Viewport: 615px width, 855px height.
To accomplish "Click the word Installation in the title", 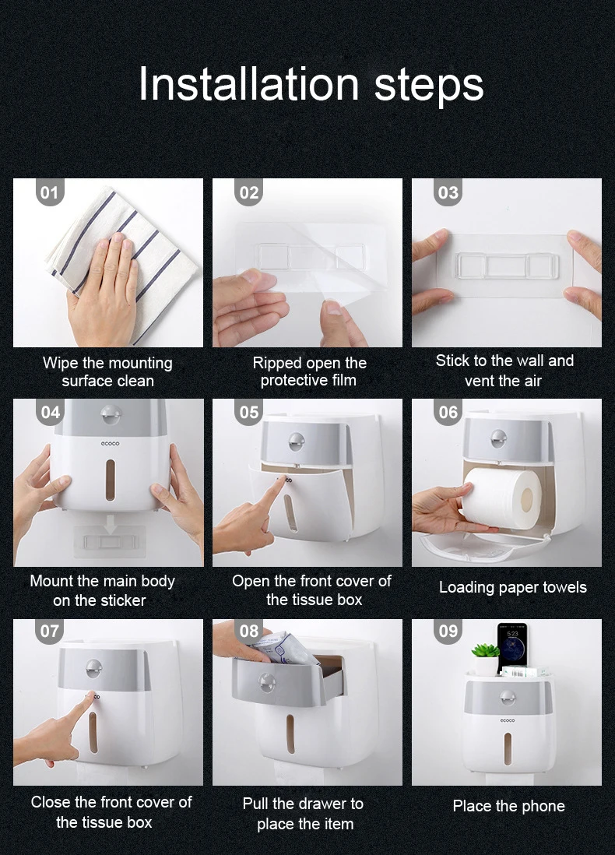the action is pyautogui.click(x=249, y=84).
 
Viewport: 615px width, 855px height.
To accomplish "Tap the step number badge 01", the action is pyautogui.click(x=50, y=192).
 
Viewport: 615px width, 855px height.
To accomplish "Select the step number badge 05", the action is pyautogui.click(x=249, y=412).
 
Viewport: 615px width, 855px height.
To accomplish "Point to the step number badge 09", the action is pyautogui.click(x=448, y=632).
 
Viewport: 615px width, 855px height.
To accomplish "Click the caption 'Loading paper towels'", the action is pyautogui.click(x=512, y=587).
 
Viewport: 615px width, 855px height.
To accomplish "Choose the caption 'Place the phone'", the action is pyautogui.click(x=508, y=806).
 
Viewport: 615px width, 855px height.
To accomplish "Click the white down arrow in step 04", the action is pyautogui.click(x=111, y=525).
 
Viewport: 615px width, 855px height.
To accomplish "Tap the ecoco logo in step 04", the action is pyautogui.click(x=110, y=443).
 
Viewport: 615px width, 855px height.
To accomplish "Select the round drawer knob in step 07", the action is pyautogui.click(x=93, y=668).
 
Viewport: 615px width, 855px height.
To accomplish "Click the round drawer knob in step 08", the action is pyautogui.click(x=266, y=682).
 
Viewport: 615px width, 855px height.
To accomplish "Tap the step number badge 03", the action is pyautogui.click(x=448, y=192).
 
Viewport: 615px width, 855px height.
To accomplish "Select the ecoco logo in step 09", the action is pyautogui.click(x=507, y=720).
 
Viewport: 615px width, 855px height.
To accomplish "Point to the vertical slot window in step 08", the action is pyautogui.click(x=290, y=734).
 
